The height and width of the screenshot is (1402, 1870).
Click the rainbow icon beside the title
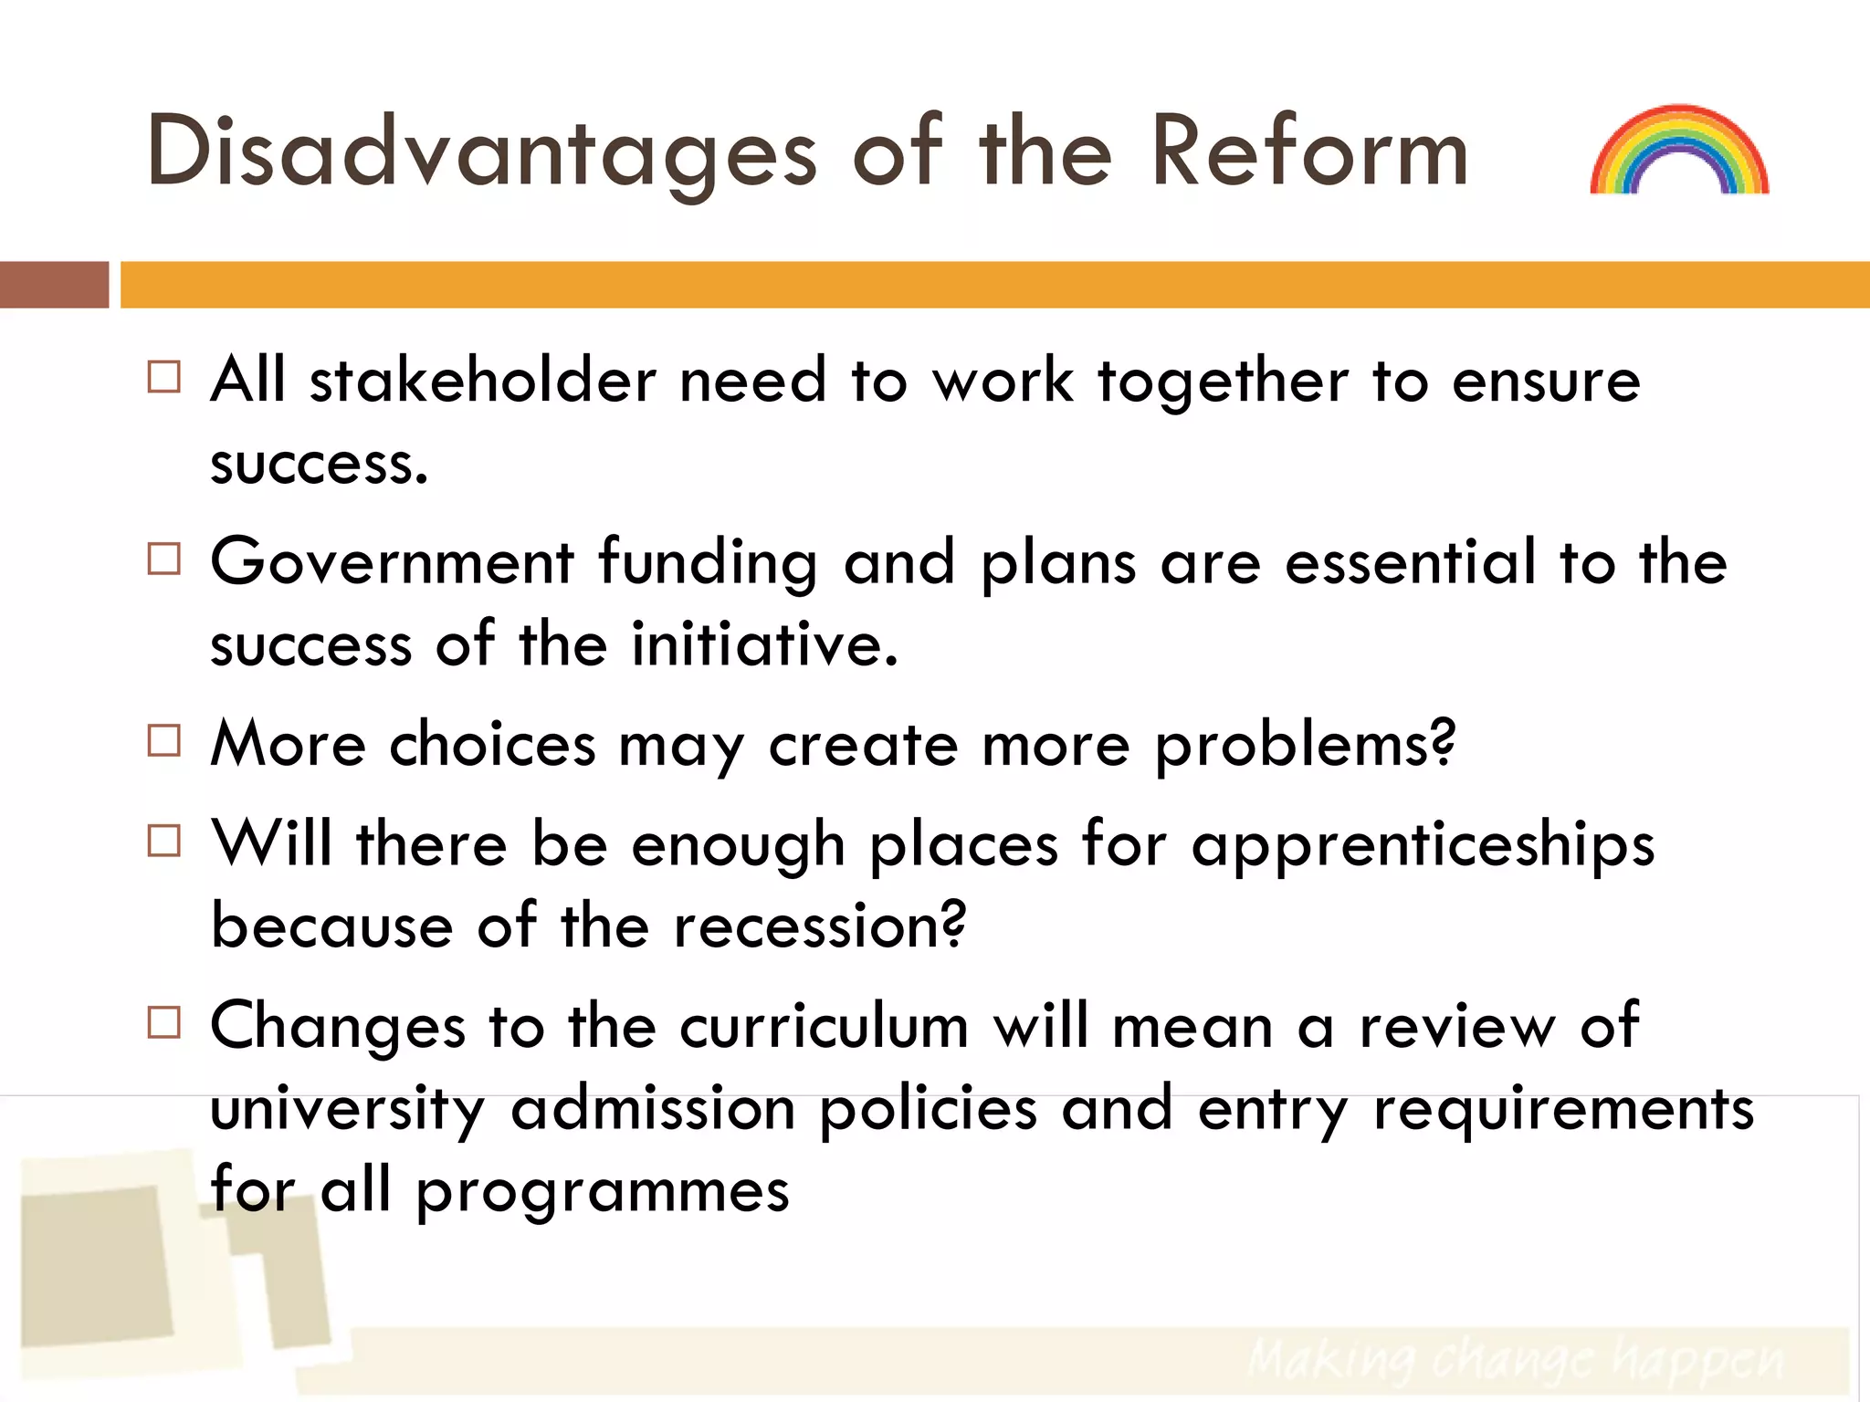pyautogui.click(x=1679, y=150)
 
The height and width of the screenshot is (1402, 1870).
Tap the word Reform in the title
pyautogui.click(x=1309, y=151)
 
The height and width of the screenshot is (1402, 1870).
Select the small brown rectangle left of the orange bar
pyautogui.click(x=54, y=284)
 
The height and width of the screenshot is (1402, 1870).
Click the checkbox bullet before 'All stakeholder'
pyautogui.click(x=164, y=376)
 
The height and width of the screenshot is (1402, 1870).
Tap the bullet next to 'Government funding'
pyautogui.click(x=164, y=558)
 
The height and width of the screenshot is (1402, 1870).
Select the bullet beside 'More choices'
pyautogui.click(x=164, y=740)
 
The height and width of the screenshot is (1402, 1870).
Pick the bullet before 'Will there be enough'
pyautogui.click(x=164, y=840)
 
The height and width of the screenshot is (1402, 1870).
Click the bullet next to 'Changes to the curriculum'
pyautogui.click(x=164, y=1022)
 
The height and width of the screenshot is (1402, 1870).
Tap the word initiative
pyautogui.click(x=765, y=644)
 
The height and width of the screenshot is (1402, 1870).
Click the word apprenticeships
pyautogui.click(x=1423, y=846)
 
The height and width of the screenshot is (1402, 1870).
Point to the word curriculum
pyautogui.click(x=824, y=1027)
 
